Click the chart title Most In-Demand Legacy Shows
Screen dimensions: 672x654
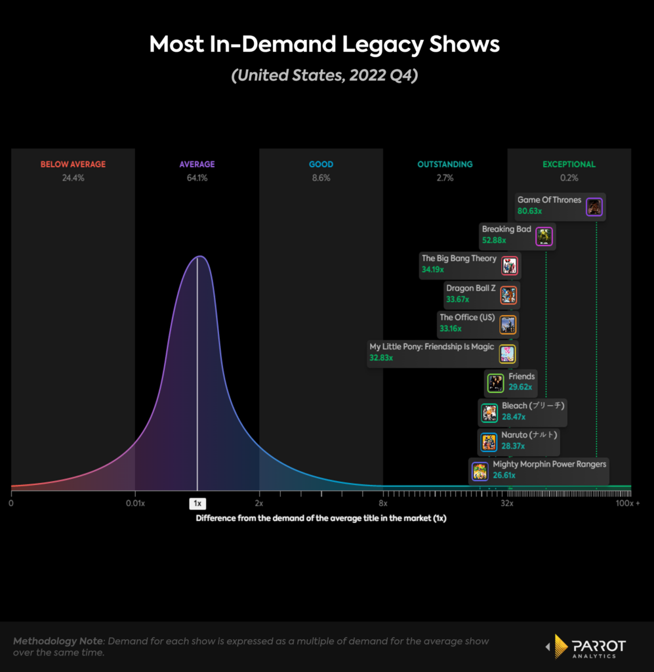coord(324,45)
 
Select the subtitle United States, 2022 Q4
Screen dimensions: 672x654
coord(324,75)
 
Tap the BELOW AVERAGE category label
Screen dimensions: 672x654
coord(73,165)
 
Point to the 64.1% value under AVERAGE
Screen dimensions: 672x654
coord(197,178)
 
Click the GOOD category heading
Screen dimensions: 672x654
coord(321,165)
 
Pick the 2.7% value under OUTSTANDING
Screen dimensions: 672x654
coord(445,178)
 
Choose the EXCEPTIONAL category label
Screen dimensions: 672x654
coord(569,165)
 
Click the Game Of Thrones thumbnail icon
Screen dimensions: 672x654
coord(594,207)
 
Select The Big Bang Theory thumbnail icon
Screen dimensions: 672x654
coord(510,266)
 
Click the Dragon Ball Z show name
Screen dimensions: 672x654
coord(470,288)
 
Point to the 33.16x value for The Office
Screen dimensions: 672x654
coord(451,329)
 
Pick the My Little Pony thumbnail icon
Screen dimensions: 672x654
coord(507,354)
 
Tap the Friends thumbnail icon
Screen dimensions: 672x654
coord(495,383)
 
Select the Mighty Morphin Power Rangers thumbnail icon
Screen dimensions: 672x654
coord(480,471)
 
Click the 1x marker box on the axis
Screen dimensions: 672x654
coord(197,503)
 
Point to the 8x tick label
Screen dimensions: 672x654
coord(383,503)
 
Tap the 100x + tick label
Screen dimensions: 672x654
coord(628,503)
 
